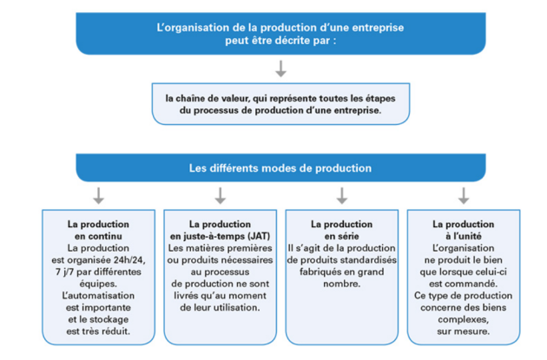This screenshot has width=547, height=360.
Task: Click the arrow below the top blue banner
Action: (x=280, y=69)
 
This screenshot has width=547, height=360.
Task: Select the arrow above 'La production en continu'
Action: (x=99, y=196)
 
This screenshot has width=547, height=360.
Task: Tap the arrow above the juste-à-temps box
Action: (x=221, y=196)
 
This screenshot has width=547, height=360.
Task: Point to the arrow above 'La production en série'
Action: (x=342, y=196)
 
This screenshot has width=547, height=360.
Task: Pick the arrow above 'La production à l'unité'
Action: (x=464, y=196)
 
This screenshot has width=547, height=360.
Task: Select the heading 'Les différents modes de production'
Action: (x=280, y=168)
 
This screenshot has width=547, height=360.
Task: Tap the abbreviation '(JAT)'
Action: (x=259, y=236)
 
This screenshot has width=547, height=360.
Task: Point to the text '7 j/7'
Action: (x=64, y=272)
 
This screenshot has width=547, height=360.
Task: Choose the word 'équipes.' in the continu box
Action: (x=98, y=284)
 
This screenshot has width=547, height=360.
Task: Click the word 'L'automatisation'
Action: (x=98, y=296)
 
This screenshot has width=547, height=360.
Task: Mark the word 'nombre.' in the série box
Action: (x=342, y=284)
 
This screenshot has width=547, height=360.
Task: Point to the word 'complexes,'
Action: (x=464, y=319)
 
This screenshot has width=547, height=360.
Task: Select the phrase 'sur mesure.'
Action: (x=464, y=331)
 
